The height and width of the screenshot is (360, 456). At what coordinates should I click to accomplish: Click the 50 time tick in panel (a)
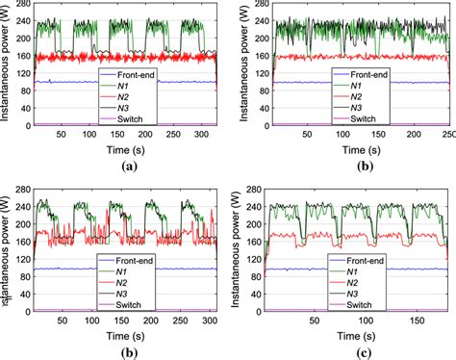tap(61, 136)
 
